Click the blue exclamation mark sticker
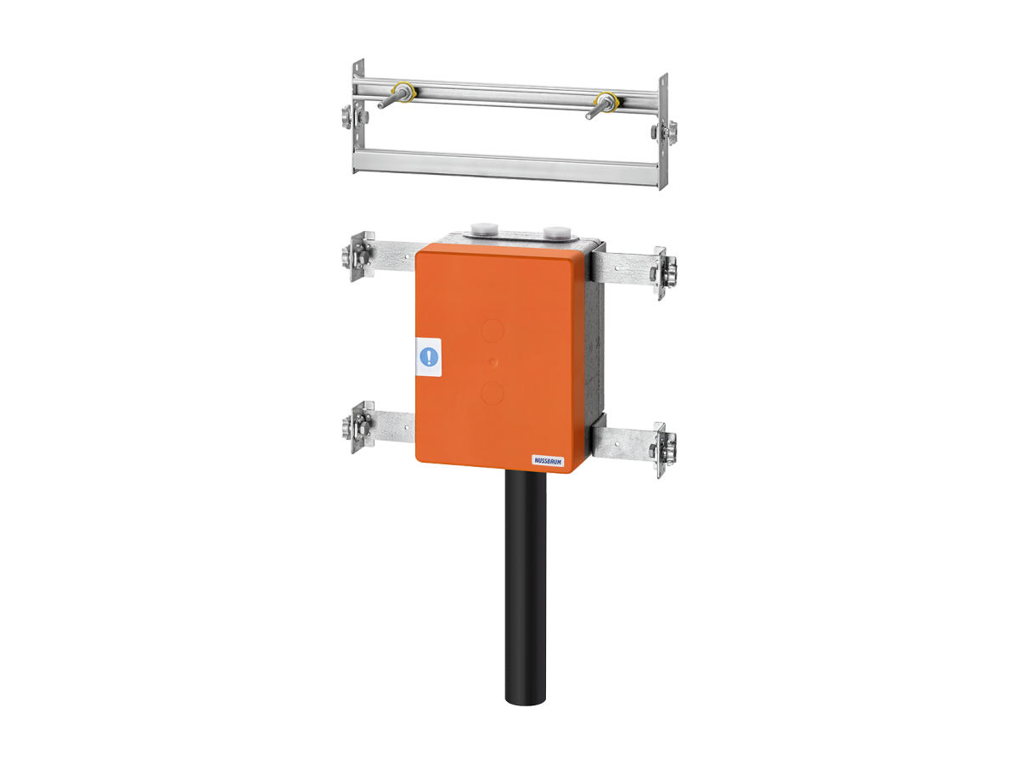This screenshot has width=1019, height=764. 431,356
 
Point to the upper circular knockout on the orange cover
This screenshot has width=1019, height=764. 493,329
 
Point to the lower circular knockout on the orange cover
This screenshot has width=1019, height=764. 493,392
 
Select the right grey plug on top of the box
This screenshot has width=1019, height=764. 556,232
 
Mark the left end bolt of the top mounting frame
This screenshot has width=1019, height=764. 351,116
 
